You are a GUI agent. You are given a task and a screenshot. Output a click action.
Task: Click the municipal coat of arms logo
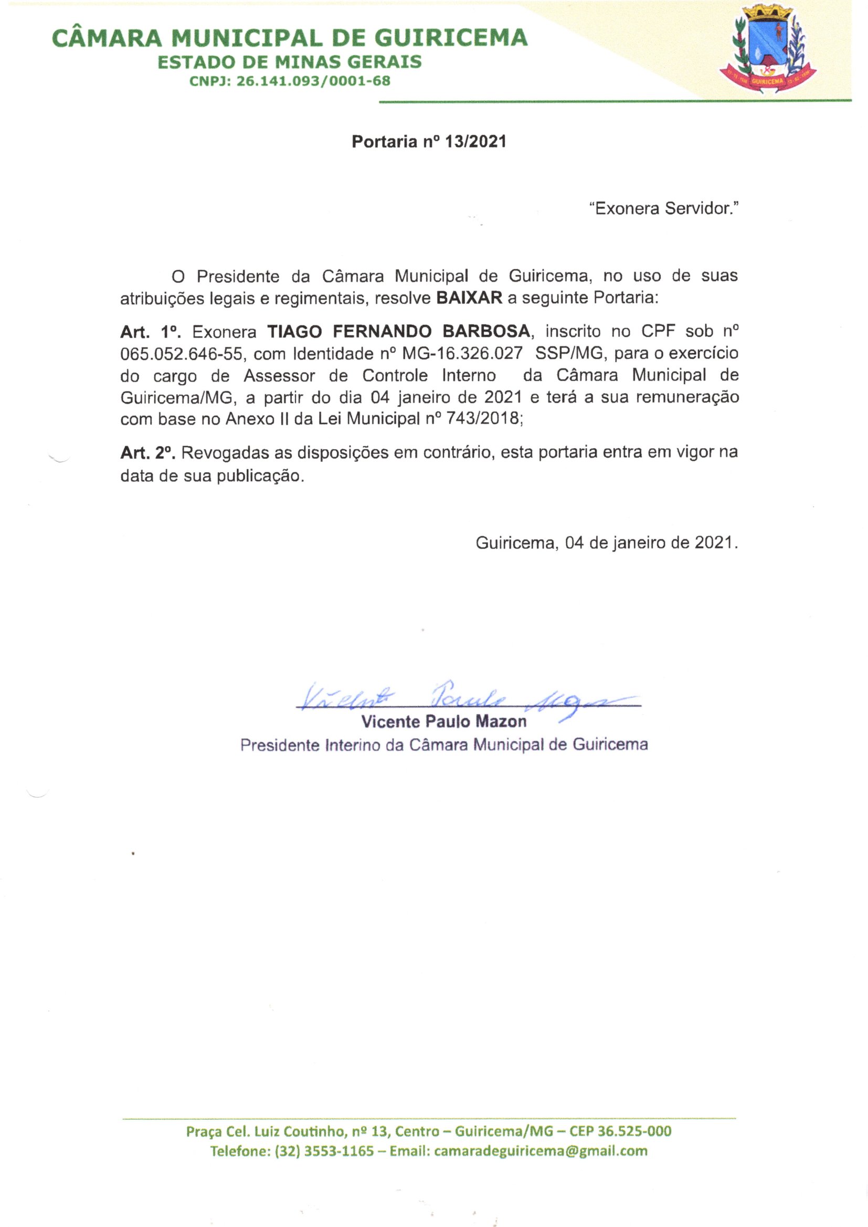[768, 50]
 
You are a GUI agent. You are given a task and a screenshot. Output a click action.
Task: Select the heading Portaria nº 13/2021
[429, 142]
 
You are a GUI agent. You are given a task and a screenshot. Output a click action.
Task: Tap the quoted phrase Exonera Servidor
[663, 208]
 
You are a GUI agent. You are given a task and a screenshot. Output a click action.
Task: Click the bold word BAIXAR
[469, 298]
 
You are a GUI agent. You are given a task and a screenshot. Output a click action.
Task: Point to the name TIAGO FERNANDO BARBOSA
[399, 331]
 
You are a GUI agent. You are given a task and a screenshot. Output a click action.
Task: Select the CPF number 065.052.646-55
[181, 354]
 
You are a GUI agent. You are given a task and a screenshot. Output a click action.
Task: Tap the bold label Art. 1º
[151, 332]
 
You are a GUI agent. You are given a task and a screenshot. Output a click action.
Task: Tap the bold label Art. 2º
[148, 452]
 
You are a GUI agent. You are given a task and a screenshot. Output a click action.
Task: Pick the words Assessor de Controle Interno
[369, 376]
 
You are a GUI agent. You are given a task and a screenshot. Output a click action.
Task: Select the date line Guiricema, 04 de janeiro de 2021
[607, 543]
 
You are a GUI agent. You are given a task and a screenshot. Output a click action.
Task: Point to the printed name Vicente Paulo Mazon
[443, 722]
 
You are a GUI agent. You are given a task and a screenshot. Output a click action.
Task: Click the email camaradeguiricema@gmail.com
[541, 1150]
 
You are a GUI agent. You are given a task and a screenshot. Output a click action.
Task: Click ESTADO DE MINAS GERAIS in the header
[289, 62]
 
